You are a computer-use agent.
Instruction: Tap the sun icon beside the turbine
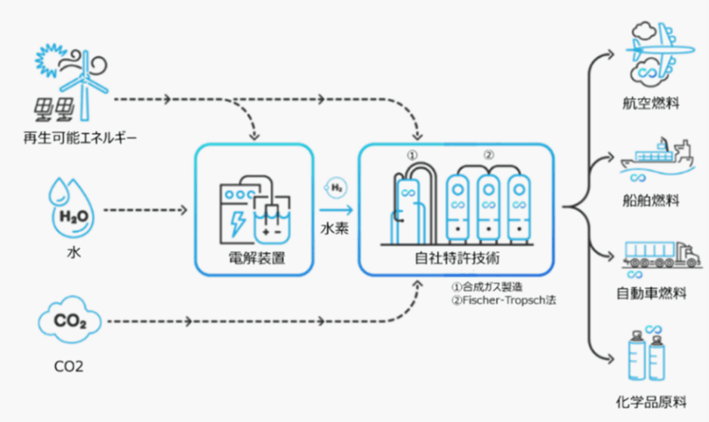point(49,62)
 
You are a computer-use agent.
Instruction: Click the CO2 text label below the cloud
point(69,366)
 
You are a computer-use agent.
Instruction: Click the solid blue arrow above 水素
point(337,209)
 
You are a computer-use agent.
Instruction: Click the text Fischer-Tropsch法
point(503,300)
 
